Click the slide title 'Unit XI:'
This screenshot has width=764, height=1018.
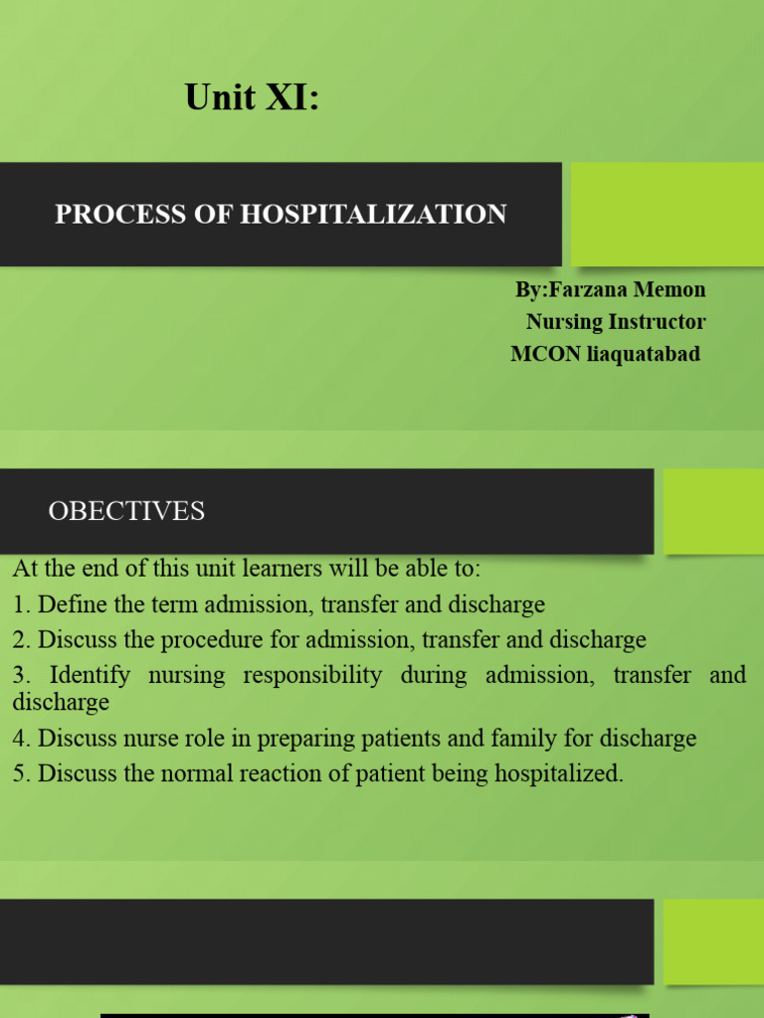click(x=252, y=98)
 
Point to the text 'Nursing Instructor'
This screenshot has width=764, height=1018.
click(x=616, y=321)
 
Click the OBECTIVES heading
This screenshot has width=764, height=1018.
click(x=126, y=511)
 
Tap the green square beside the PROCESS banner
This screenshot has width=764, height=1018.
click(x=667, y=214)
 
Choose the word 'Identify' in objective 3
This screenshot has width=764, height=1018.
click(x=90, y=675)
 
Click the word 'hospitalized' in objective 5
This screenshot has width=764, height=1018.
click(x=561, y=773)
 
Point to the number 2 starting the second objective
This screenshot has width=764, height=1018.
click(x=19, y=639)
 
